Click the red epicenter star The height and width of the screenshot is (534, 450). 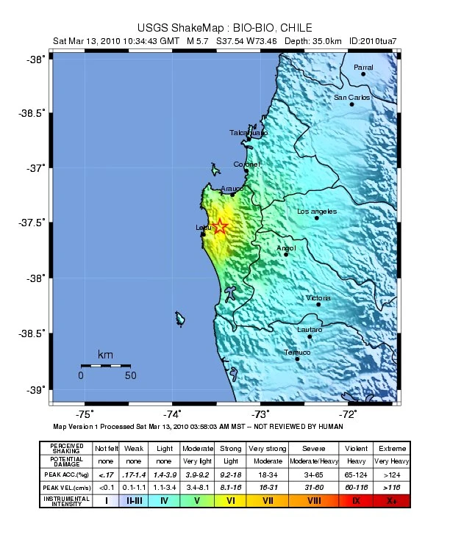point(219,227)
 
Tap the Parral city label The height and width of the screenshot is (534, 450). point(363,67)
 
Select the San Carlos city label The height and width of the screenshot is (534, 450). point(351,97)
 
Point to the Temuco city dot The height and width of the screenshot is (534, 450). point(298,359)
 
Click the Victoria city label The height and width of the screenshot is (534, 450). point(318,297)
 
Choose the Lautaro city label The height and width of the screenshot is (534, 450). point(309,330)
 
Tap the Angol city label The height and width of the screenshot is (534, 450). point(285,248)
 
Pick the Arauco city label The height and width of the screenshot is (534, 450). point(232,188)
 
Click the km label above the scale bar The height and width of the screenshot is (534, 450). point(105,355)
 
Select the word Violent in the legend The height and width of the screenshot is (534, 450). point(355,448)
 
